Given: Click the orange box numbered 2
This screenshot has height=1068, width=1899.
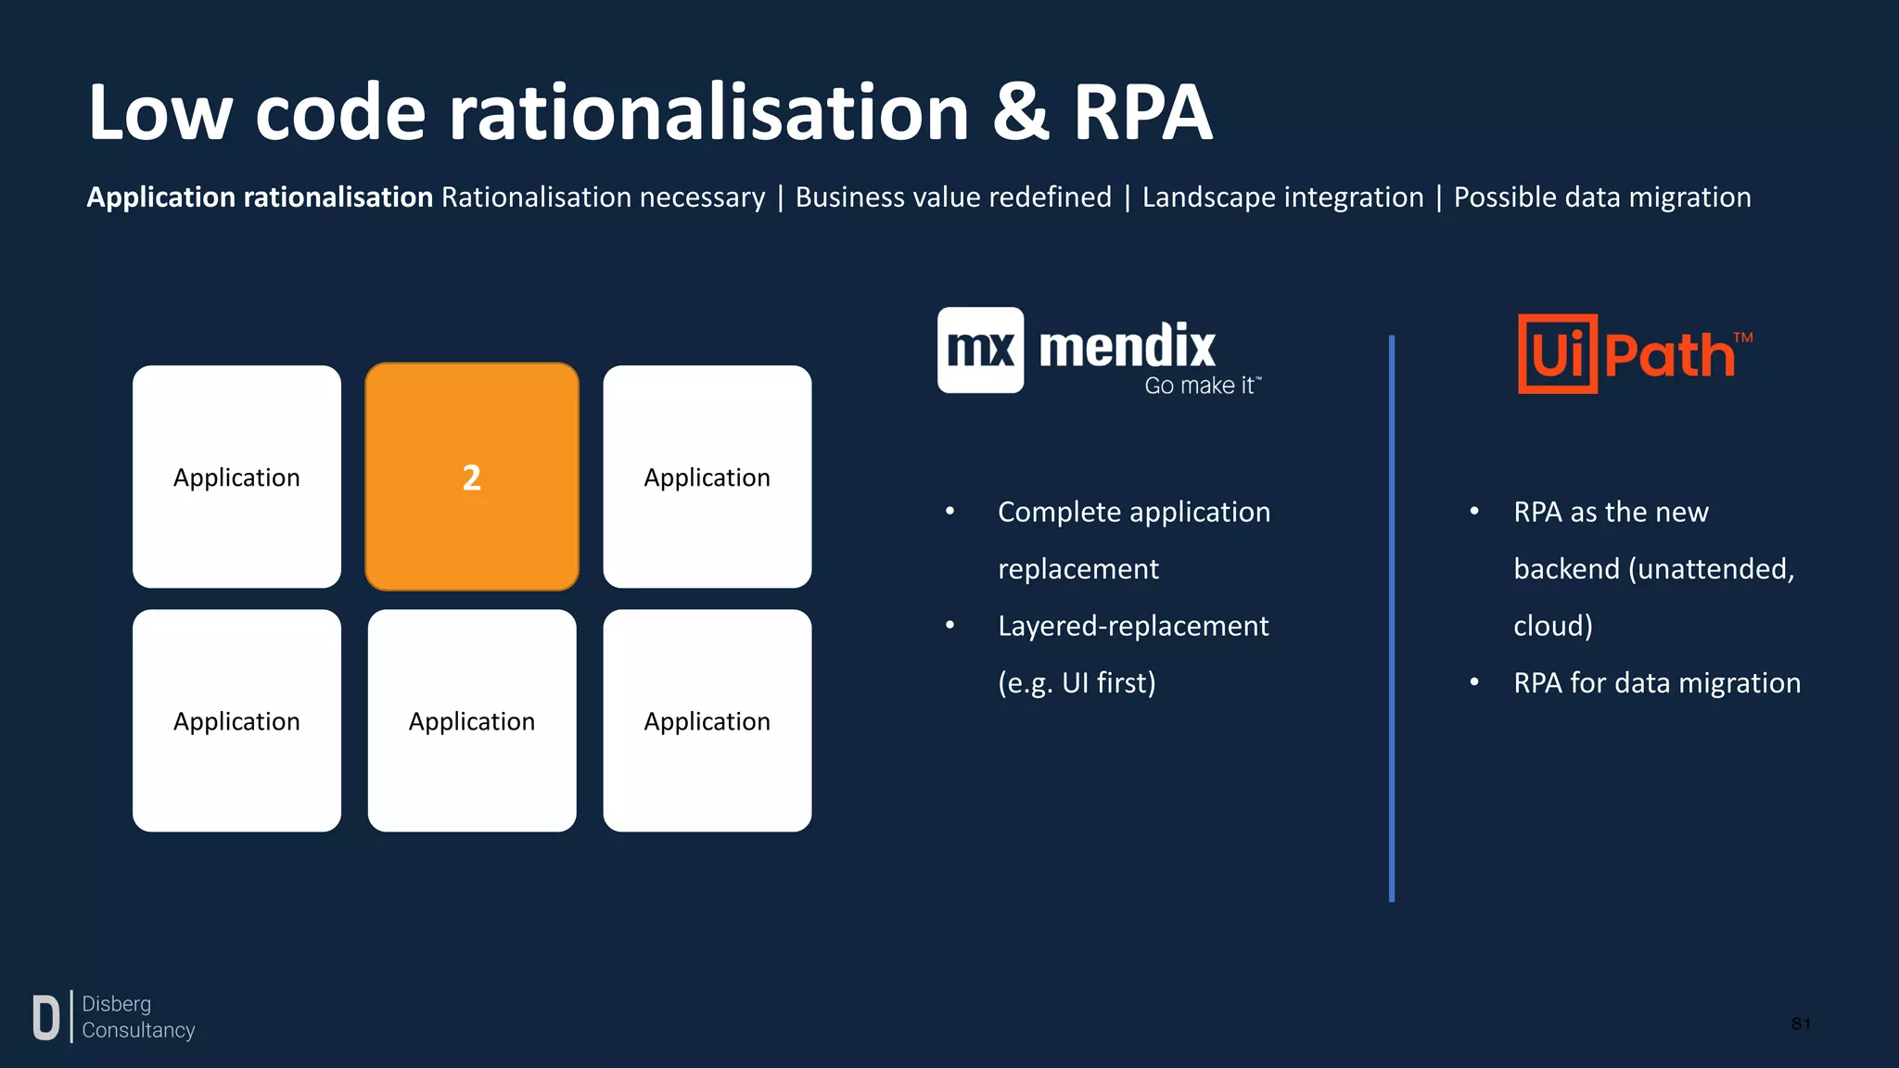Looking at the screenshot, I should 472,477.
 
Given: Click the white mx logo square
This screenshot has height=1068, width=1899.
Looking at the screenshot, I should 980,350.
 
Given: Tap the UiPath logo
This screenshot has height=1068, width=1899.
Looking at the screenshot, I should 1635,354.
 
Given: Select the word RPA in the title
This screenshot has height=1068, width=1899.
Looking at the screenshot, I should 1142,113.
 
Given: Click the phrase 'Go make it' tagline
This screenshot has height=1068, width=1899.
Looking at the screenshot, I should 1201,386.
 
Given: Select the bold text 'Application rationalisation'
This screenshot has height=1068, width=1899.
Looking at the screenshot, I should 260,197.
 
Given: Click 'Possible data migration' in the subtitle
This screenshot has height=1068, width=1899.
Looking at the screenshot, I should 1601,197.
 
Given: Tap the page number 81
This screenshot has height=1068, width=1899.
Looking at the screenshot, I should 1801,1023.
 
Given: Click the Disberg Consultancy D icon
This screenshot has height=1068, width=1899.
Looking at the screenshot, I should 45,1017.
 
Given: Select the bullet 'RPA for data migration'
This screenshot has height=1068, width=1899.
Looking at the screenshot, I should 1656,683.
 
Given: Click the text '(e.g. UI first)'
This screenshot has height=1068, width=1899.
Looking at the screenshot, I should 1077,683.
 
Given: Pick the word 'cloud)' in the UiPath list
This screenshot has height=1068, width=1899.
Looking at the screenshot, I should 1552,626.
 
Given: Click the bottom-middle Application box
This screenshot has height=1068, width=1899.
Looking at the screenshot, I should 472,720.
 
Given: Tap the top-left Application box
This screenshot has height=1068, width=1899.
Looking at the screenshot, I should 236,477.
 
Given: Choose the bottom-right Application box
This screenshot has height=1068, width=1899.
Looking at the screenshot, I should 707,720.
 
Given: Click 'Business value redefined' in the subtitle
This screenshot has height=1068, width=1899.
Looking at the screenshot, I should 952,197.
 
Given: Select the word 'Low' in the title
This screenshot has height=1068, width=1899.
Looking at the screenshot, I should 159,113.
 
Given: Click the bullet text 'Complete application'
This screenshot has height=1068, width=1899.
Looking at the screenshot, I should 1133,512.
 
